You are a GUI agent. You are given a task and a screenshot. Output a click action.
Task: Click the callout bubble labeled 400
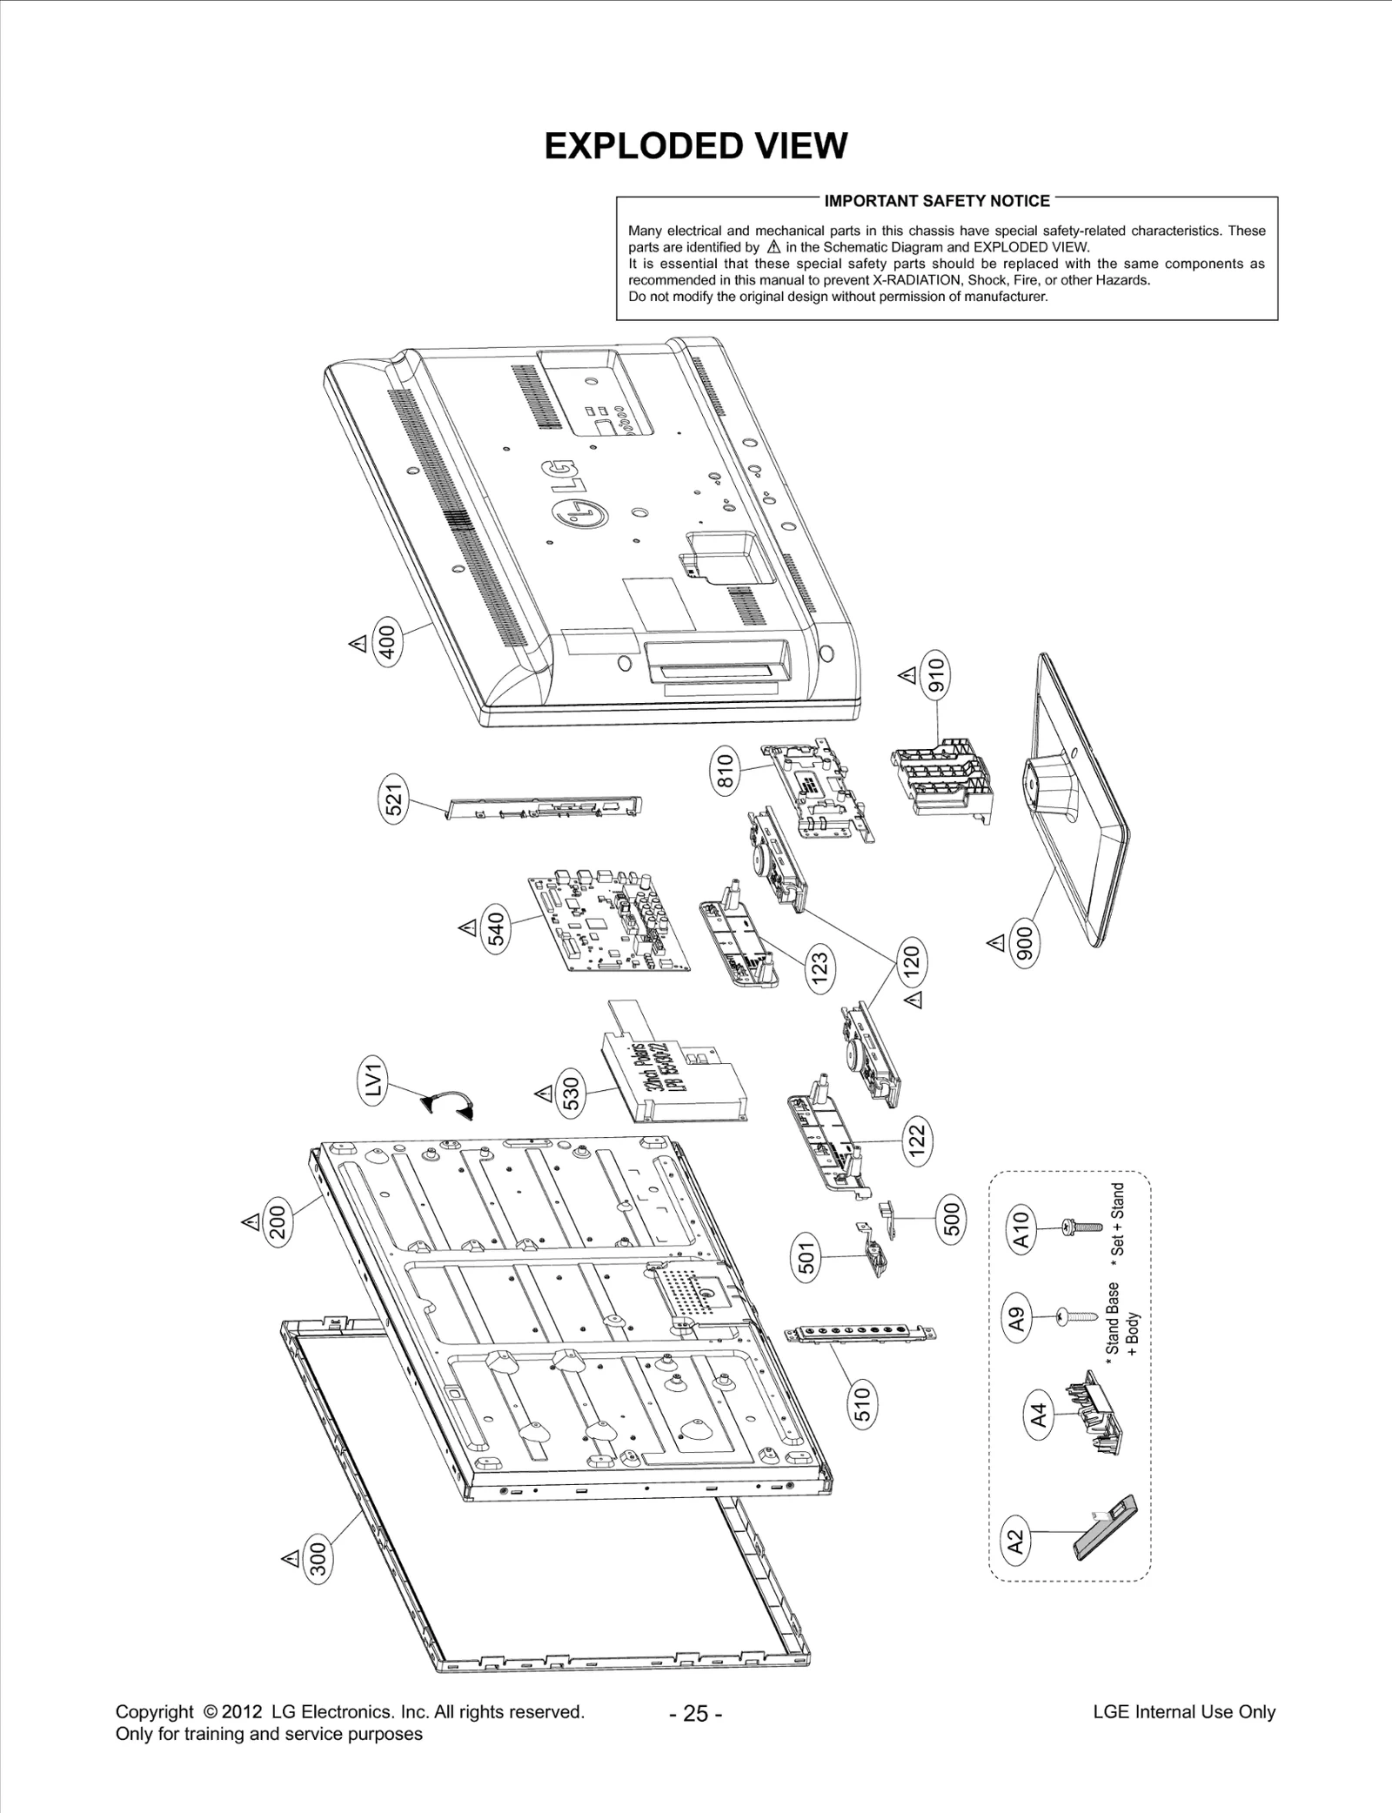[388, 641]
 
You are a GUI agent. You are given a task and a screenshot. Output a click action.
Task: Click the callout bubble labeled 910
[936, 675]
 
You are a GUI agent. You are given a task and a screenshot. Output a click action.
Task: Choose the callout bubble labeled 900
[1024, 942]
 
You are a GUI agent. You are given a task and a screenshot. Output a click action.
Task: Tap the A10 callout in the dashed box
[1022, 1229]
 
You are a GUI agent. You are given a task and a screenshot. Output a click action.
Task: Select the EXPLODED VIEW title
[695, 146]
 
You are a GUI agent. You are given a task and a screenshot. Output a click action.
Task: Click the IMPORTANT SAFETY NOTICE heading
[936, 201]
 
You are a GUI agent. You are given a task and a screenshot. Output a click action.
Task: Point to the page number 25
[695, 1713]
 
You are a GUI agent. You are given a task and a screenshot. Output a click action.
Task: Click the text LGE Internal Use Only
[1183, 1711]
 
